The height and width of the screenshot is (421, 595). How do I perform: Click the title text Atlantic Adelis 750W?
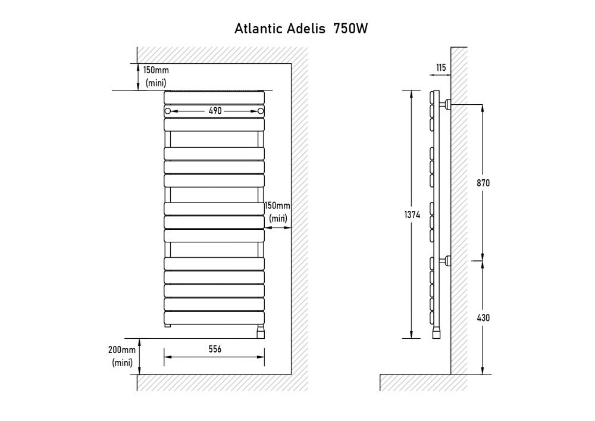pyautogui.click(x=303, y=29)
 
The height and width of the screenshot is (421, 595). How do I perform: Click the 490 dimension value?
pyautogui.click(x=215, y=111)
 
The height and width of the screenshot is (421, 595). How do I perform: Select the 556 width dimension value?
pyautogui.click(x=215, y=350)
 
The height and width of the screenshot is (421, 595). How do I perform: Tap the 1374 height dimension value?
pyautogui.click(x=413, y=216)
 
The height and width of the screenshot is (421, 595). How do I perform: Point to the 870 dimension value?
pyautogui.click(x=483, y=183)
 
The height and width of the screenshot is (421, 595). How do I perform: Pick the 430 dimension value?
pyautogui.click(x=483, y=318)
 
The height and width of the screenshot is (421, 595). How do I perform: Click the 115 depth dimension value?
pyautogui.click(x=441, y=68)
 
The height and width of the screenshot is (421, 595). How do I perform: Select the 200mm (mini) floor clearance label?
pyautogui.click(x=123, y=356)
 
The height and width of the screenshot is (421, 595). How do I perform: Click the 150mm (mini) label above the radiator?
pyautogui.click(x=156, y=76)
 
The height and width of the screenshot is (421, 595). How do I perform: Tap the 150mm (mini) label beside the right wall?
pyautogui.click(x=278, y=212)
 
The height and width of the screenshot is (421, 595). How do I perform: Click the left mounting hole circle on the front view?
pyautogui.click(x=168, y=111)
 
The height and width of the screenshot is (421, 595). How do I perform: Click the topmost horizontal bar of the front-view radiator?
pyautogui.click(x=214, y=96)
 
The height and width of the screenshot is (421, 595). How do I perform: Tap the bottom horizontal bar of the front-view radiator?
pyautogui.click(x=214, y=317)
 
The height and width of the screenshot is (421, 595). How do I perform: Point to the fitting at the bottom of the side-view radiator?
pyautogui.click(x=436, y=332)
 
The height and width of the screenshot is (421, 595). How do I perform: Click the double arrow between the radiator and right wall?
pyautogui.click(x=277, y=227)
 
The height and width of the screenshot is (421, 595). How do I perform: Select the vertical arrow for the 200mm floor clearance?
pyautogui.click(x=139, y=356)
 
